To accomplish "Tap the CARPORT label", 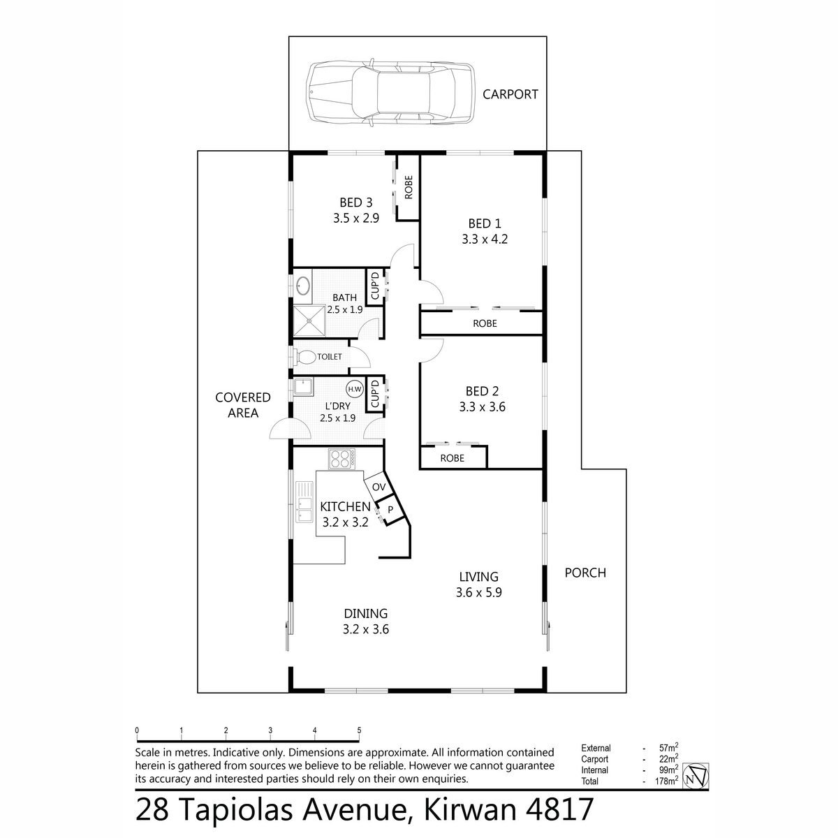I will click(x=510, y=94).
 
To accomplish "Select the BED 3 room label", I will click(x=355, y=203).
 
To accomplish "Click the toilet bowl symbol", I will click(x=304, y=357).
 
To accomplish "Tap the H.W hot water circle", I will click(x=354, y=389).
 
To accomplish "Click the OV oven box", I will click(x=378, y=487).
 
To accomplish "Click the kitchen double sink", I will click(x=304, y=501).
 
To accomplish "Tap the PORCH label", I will click(x=585, y=573).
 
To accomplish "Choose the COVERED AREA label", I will click(x=242, y=405).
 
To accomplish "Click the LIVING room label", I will click(x=478, y=577).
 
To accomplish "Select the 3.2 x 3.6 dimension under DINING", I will click(x=365, y=629).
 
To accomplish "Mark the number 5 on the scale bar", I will click(x=359, y=730).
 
